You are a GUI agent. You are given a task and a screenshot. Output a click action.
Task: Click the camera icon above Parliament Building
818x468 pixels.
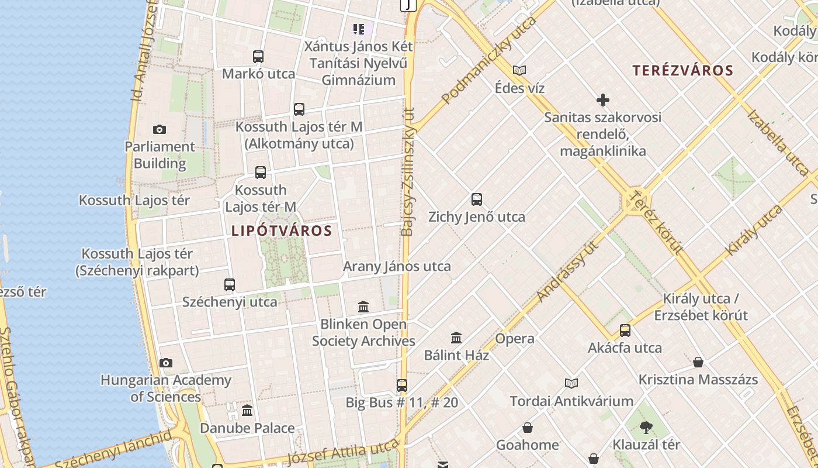[159, 129]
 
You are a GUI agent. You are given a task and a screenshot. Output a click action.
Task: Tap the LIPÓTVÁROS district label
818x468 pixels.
[282, 230]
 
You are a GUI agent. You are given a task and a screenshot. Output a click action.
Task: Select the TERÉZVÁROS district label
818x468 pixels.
[682, 71]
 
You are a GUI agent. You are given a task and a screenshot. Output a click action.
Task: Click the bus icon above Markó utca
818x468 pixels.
[258, 57]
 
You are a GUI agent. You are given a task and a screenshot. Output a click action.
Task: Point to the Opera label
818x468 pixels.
[514, 339]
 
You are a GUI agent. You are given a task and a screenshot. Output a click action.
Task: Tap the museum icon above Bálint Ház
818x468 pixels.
[456, 338]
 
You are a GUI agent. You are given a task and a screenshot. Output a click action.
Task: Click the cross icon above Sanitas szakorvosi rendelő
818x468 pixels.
[602, 100]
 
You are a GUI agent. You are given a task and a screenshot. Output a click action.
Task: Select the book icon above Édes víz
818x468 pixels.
[519, 71]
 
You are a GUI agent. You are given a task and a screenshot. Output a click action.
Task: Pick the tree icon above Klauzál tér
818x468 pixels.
[646, 427]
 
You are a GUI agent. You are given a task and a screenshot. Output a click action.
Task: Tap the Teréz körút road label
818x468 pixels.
[658, 222]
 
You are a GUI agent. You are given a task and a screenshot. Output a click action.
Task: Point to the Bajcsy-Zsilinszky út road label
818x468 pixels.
[408, 171]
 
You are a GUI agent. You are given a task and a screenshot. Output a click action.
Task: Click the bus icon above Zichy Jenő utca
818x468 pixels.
[477, 199]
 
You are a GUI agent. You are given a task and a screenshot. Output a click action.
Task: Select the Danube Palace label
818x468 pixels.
[247, 428]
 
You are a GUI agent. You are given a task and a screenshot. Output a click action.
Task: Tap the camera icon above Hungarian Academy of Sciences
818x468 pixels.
[166, 363]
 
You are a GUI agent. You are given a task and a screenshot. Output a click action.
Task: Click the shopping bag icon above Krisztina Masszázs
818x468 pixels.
[698, 362]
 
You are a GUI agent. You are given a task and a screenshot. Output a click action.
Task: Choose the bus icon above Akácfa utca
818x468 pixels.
[625, 331]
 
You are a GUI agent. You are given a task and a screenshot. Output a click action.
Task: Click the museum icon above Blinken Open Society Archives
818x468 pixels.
[363, 307]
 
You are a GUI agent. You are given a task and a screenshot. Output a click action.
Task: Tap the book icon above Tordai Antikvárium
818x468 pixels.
[571, 383]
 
